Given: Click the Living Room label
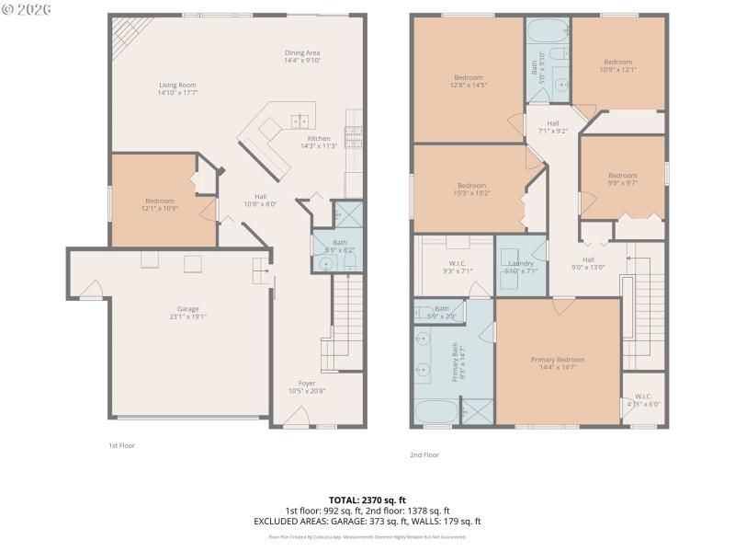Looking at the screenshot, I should tap(177, 85).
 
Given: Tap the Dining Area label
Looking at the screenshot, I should tap(302, 52).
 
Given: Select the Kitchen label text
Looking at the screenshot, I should tap(319, 138).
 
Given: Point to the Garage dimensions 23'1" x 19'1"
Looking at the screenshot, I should tap(187, 316).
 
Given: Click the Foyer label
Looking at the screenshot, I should tap(307, 383).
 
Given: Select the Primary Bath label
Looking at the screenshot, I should tap(454, 363).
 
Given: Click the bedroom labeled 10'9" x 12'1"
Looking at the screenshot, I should tap(617, 65).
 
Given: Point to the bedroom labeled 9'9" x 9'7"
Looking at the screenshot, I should tap(622, 178).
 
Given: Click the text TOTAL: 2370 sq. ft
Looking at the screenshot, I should tap(367, 500).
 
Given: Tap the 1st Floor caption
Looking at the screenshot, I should tap(122, 444).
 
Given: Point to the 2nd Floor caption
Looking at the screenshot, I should tap(424, 454).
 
